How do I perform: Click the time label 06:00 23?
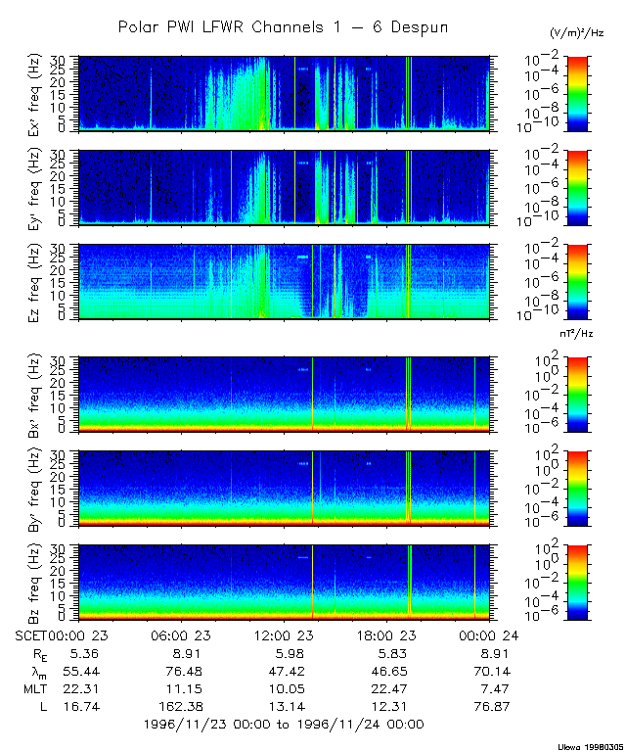click(180, 634)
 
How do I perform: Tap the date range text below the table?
click(284, 725)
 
